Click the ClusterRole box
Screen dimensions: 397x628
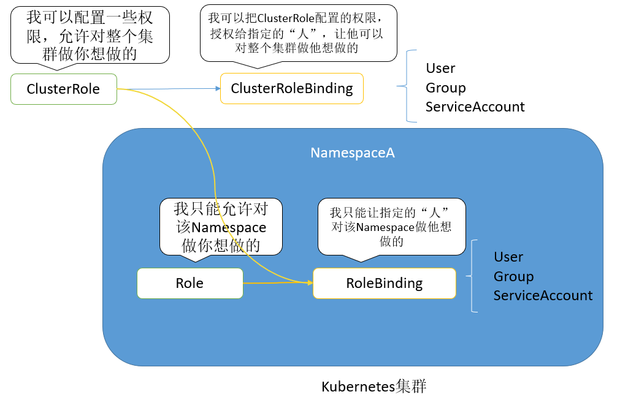point(63,89)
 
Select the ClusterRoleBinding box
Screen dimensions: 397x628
point(291,88)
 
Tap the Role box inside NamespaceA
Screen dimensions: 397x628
point(190,283)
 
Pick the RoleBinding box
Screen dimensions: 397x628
point(384,283)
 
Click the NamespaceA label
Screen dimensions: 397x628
point(352,153)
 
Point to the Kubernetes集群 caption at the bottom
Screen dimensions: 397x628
point(373,387)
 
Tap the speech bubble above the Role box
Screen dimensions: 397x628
point(221,226)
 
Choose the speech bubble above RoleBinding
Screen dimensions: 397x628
point(391,226)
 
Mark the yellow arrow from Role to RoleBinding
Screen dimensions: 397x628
point(276,283)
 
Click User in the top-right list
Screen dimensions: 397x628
point(440,68)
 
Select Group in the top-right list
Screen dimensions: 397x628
point(446,88)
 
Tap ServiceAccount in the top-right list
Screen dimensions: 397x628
point(475,107)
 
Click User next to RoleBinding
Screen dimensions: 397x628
point(508,257)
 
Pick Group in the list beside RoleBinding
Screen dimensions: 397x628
point(513,276)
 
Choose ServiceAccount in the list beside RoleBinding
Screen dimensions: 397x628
point(543,295)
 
